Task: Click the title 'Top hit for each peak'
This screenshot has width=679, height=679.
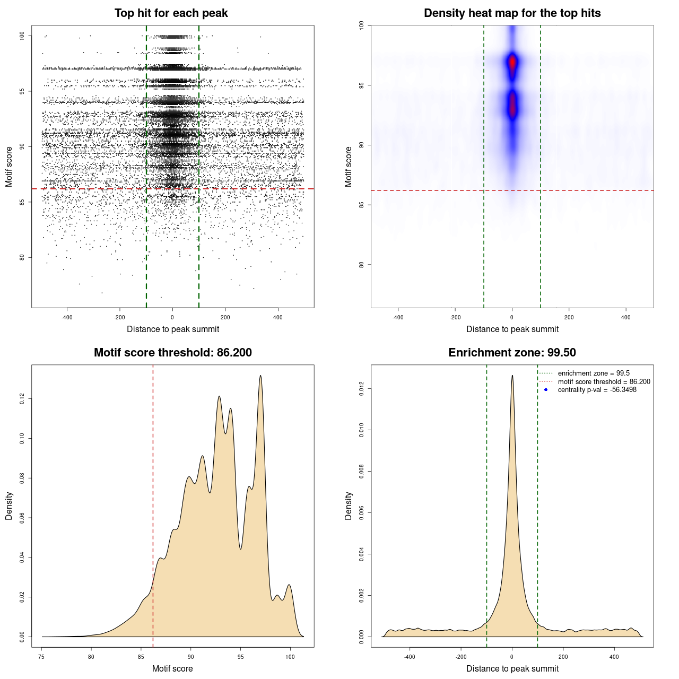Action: pyautogui.click(x=171, y=13)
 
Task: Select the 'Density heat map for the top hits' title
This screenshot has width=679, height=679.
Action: pyautogui.click(x=512, y=13)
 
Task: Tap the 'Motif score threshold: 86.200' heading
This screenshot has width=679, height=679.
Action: pyautogui.click(x=172, y=353)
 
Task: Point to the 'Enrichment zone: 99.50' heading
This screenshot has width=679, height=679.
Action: pyautogui.click(x=512, y=353)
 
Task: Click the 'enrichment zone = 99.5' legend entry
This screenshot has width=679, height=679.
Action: pyautogui.click(x=594, y=373)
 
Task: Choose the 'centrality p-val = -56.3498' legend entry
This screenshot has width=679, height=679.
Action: pyautogui.click(x=597, y=390)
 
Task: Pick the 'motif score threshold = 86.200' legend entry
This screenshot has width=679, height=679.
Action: pyautogui.click(x=604, y=381)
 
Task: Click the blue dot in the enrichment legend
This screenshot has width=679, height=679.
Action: pyautogui.click(x=546, y=390)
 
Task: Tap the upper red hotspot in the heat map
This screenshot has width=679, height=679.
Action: pyautogui.click(x=512, y=62)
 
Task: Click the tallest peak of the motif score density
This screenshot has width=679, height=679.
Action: pyautogui.click(x=260, y=376)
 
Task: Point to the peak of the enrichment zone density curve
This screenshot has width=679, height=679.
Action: pyautogui.click(x=512, y=376)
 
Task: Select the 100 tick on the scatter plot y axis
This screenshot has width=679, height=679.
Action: pyautogui.click(x=22, y=36)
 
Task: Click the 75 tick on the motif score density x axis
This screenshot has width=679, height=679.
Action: pyautogui.click(x=42, y=657)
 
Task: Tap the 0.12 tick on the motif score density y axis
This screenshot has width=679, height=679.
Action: pyautogui.click(x=22, y=399)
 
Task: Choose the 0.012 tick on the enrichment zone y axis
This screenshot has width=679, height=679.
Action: pyautogui.click(x=361, y=389)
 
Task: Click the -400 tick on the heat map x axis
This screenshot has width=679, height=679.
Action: pyautogui.click(x=398, y=317)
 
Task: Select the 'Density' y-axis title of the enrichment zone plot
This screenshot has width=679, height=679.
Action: pyautogui.click(x=349, y=506)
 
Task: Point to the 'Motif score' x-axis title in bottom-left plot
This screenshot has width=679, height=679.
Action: pyautogui.click(x=172, y=668)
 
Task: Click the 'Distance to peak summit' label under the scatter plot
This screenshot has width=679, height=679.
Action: pyautogui.click(x=173, y=329)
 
